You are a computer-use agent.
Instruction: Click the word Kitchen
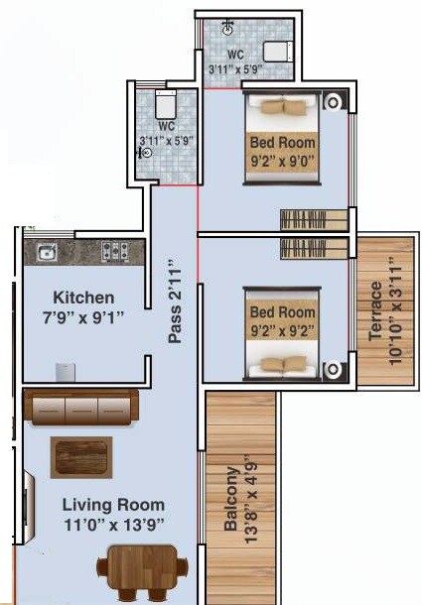point(83,298)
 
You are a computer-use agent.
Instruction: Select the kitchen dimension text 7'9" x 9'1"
point(83,319)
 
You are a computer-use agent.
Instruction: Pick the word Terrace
point(375,310)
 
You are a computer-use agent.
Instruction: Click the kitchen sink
point(46,253)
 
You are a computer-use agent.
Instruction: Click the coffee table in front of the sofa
point(81,457)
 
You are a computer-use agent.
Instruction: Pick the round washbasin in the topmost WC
point(228,28)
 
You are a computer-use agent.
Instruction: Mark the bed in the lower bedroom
point(282,332)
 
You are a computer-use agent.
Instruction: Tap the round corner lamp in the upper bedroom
point(334,99)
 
